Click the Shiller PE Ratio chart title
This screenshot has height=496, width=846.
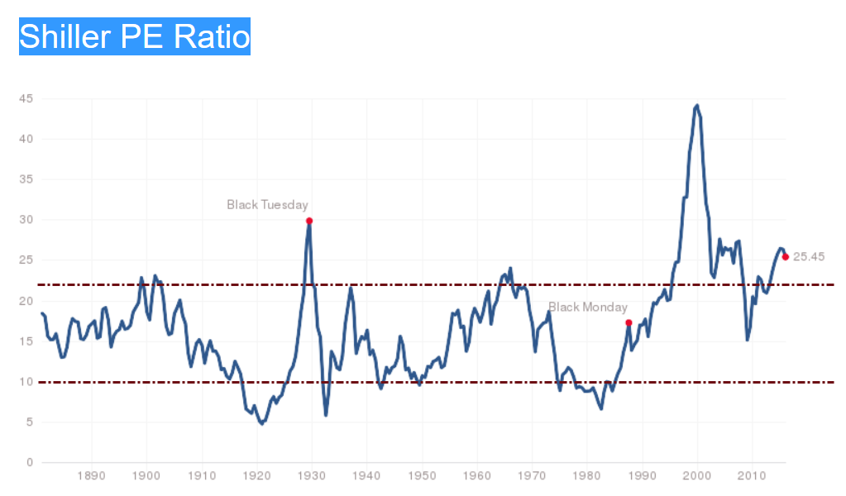click(134, 36)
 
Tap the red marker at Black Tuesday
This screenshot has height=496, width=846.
click(309, 221)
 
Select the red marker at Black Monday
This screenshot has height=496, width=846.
click(629, 322)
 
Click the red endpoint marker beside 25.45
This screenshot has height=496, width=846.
click(785, 257)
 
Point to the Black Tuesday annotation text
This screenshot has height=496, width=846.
click(267, 204)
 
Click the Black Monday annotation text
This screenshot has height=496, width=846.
click(588, 308)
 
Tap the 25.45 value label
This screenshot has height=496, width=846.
click(809, 257)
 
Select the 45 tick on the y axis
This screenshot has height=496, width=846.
click(26, 99)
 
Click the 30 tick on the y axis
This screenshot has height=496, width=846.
click(26, 220)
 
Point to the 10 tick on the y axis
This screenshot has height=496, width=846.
click(26, 382)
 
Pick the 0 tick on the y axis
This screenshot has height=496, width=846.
click(30, 462)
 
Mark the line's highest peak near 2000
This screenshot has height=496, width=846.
click(697, 106)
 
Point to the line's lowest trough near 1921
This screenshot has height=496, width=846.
click(262, 423)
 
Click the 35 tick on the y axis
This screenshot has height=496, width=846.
click(26, 179)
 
